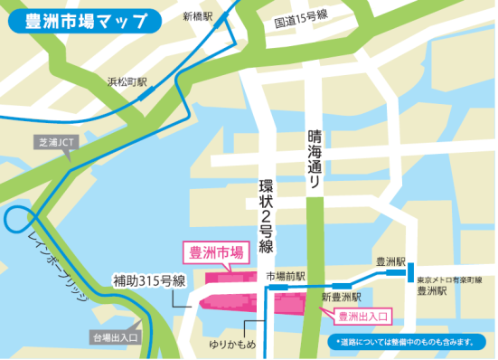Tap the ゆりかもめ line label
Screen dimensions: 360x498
point(231,345)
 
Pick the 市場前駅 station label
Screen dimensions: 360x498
point(286,276)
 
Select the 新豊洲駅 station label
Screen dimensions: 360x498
point(342,297)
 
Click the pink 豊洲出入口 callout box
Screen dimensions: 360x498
point(362,316)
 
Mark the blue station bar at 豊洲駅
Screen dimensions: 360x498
point(410,271)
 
